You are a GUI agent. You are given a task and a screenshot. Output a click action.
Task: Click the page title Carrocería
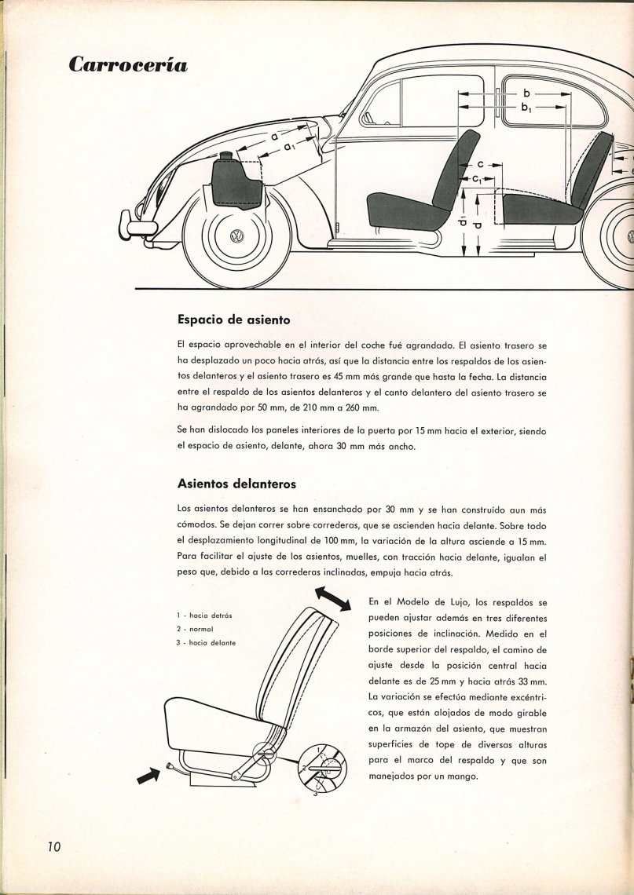(128, 64)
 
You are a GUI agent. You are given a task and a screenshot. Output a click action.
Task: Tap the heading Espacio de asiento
(234, 320)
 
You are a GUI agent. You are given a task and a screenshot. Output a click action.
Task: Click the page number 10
(53, 846)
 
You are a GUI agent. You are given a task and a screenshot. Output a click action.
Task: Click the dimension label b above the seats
(526, 93)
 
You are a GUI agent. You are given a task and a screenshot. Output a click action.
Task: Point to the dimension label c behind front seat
(480, 166)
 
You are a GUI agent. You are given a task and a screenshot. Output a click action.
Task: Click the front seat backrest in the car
(462, 169)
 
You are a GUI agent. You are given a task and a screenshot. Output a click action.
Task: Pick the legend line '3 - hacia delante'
(207, 643)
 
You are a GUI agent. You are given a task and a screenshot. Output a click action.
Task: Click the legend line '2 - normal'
(196, 630)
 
